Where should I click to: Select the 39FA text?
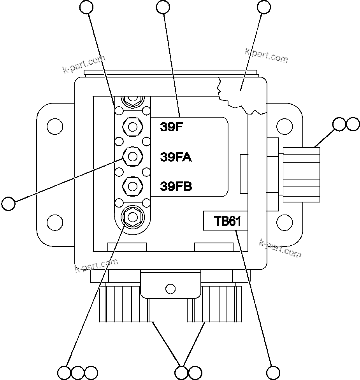coord(176,157)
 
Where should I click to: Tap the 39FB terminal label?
coord(176,186)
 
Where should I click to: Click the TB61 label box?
coord(227,221)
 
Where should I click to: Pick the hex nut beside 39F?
coord(132,127)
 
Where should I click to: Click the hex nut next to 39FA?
coord(132,157)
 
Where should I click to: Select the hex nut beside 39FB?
coord(132,186)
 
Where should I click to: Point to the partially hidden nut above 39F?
coord(132,100)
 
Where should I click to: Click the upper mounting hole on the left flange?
coord(54,127)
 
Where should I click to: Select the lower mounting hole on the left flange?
coord(54,222)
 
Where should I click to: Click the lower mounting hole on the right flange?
coord(284,222)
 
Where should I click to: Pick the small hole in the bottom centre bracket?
coord(170,289)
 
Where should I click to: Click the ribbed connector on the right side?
coord(302,174)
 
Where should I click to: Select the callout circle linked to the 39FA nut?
coord(8,203)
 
